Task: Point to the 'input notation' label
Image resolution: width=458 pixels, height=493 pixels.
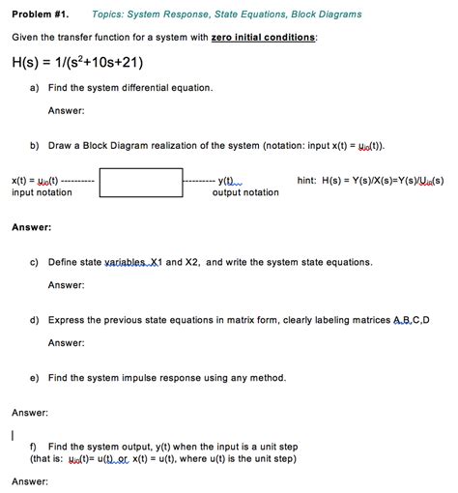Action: pyautogui.click(x=42, y=192)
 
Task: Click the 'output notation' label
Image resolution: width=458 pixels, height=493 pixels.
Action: pyautogui.click(x=245, y=192)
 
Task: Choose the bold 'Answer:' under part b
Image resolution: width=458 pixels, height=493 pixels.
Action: pyautogui.click(x=32, y=227)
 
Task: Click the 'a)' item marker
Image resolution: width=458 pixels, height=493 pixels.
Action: pyautogui.click(x=35, y=88)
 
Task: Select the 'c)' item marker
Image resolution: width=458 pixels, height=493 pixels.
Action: pyautogui.click(x=35, y=262)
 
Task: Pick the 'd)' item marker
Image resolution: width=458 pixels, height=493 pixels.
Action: pyautogui.click(x=35, y=319)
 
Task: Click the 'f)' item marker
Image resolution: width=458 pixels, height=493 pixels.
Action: pyautogui.click(x=34, y=447)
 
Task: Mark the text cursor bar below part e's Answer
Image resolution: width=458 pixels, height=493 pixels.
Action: pyautogui.click(x=13, y=434)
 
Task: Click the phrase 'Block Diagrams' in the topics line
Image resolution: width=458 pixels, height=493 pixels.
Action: pyautogui.click(x=328, y=14)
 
